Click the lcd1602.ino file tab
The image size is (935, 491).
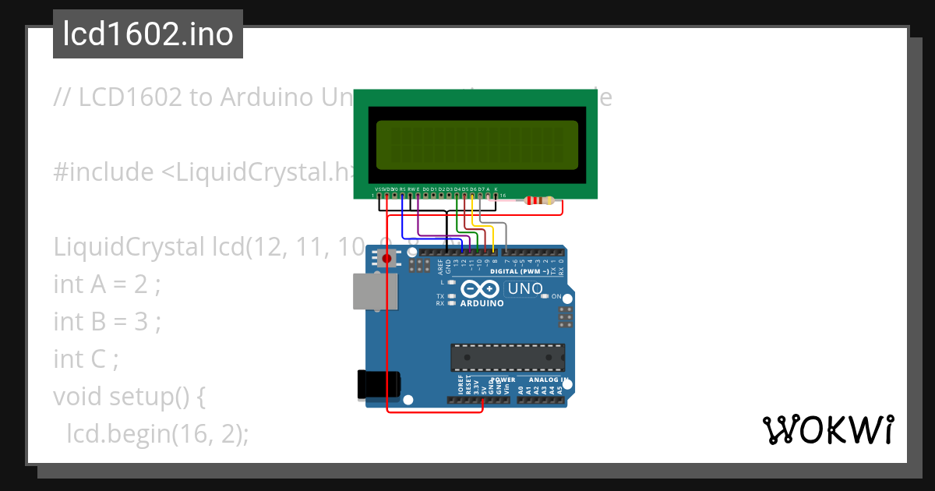[147, 34]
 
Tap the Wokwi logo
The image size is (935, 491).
[827, 429]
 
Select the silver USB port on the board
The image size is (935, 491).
[375, 291]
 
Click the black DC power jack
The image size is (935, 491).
[379, 383]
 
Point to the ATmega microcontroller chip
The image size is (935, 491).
[507, 357]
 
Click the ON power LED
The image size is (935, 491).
[546, 297]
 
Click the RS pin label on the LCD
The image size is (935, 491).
[402, 189]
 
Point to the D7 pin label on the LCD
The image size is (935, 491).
[480, 189]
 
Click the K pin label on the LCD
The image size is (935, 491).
[496, 189]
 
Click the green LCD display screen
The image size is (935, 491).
[477, 146]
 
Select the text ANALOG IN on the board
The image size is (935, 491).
[543, 380]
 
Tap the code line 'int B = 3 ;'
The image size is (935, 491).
[107, 321]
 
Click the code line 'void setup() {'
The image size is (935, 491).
[129, 396]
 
